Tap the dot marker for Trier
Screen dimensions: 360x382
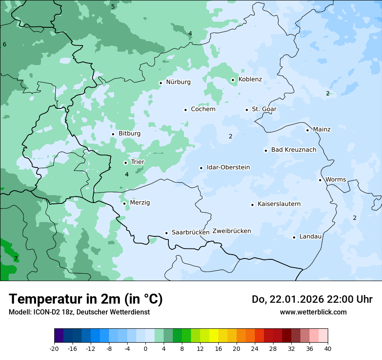click(x=125, y=163)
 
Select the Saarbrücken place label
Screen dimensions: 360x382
click(x=191, y=232)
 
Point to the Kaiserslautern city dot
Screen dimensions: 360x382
click(x=252, y=205)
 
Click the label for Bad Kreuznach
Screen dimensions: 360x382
click(x=293, y=150)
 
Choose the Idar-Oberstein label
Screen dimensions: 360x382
click(x=228, y=167)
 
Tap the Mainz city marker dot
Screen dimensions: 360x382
click(x=307, y=130)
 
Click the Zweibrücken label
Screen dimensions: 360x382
click(x=231, y=231)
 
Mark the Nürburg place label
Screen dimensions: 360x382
click(x=178, y=82)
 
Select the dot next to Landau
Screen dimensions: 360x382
click(x=294, y=237)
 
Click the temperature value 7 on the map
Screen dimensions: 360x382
click(x=16, y=259)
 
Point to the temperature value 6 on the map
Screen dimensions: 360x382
click(x=4, y=44)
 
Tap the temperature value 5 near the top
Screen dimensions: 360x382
click(x=113, y=7)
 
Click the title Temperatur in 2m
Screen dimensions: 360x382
click(x=86, y=299)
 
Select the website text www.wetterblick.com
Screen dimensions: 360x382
click(x=313, y=312)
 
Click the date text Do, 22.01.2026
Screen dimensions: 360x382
click(x=288, y=299)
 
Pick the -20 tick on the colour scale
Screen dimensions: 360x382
click(x=54, y=348)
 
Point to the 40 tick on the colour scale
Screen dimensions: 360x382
click(x=328, y=348)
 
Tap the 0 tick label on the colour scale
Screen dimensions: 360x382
click(x=145, y=348)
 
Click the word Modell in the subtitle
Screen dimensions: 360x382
click(x=19, y=312)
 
